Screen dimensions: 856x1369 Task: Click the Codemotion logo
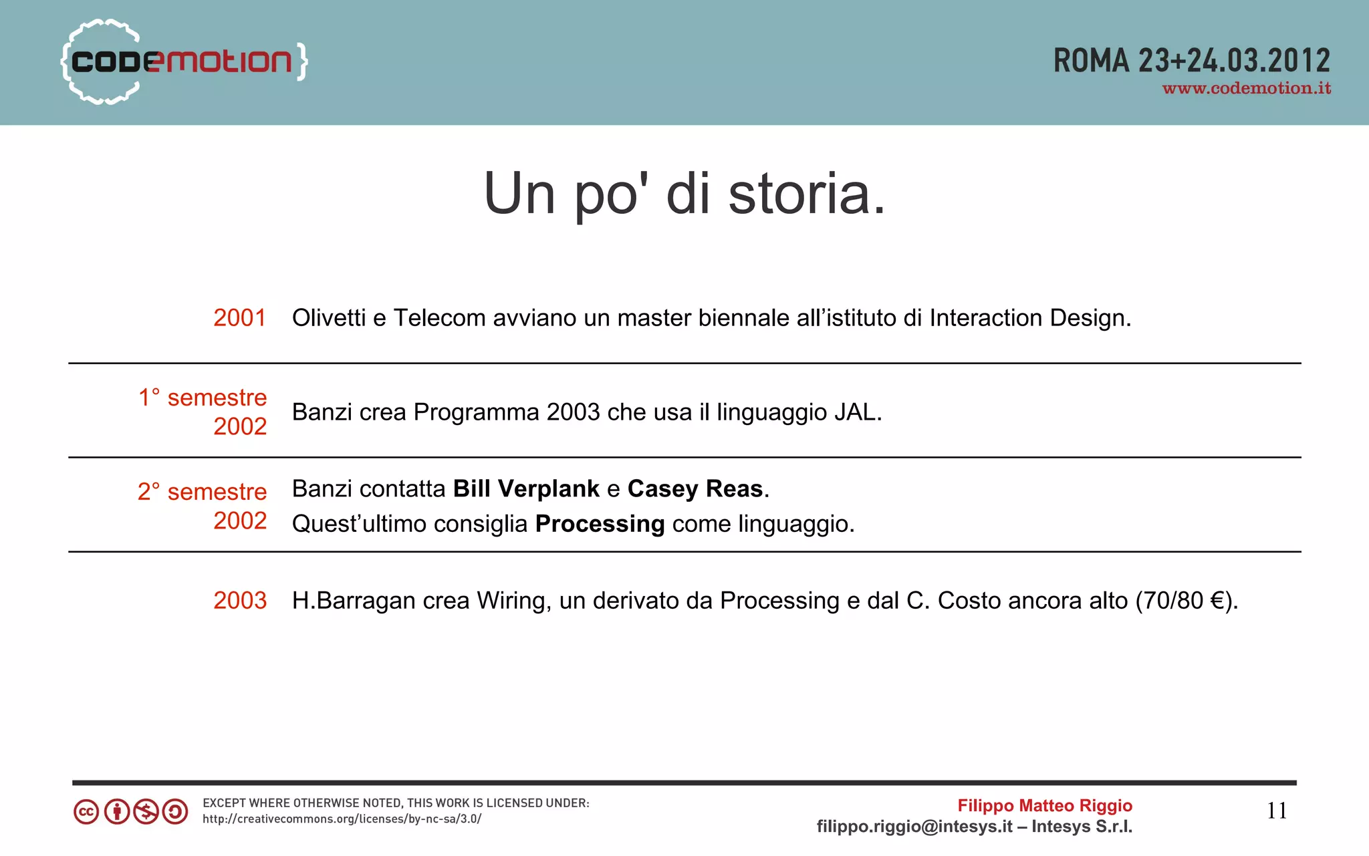[x=184, y=61]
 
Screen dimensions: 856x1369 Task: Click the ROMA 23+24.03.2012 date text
[x=1191, y=61]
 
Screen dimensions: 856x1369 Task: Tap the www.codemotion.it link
[x=1247, y=89]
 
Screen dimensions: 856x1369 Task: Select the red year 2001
[x=239, y=318]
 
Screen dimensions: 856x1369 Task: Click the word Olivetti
[x=328, y=318]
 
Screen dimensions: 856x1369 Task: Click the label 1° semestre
[x=203, y=398]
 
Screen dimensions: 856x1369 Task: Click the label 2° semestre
[x=202, y=492]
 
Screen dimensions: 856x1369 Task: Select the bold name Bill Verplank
[x=526, y=489]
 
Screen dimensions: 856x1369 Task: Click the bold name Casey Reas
[x=695, y=489]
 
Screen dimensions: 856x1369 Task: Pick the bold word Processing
[x=600, y=524]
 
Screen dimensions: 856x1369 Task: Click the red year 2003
[x=239, y=601]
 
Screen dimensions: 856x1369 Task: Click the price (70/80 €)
[x=1185, y=601]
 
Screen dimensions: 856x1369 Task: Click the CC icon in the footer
[x=86, y=812]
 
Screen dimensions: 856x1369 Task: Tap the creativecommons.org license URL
[x=342, y=819]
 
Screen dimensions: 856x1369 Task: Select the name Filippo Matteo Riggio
[x=1044, y=806]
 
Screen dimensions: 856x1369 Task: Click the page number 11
[x=1276, y=811]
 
